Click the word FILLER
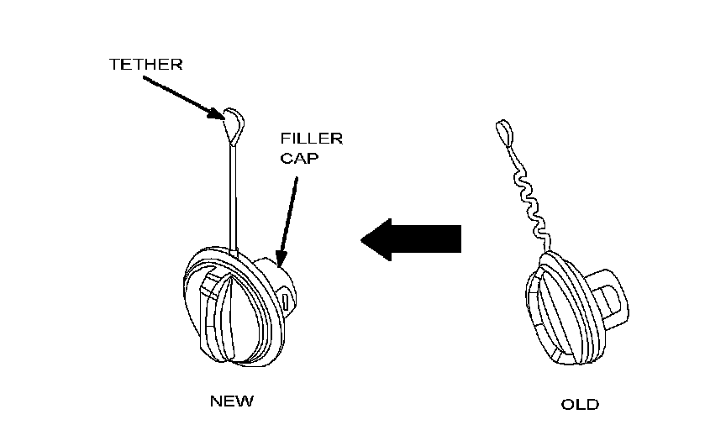click(312, 139)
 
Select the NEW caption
click(231, 401)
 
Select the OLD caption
click(580, 404)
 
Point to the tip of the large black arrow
click(363, 239)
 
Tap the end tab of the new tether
click(234, 124)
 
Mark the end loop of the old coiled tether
click(503, 130)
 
